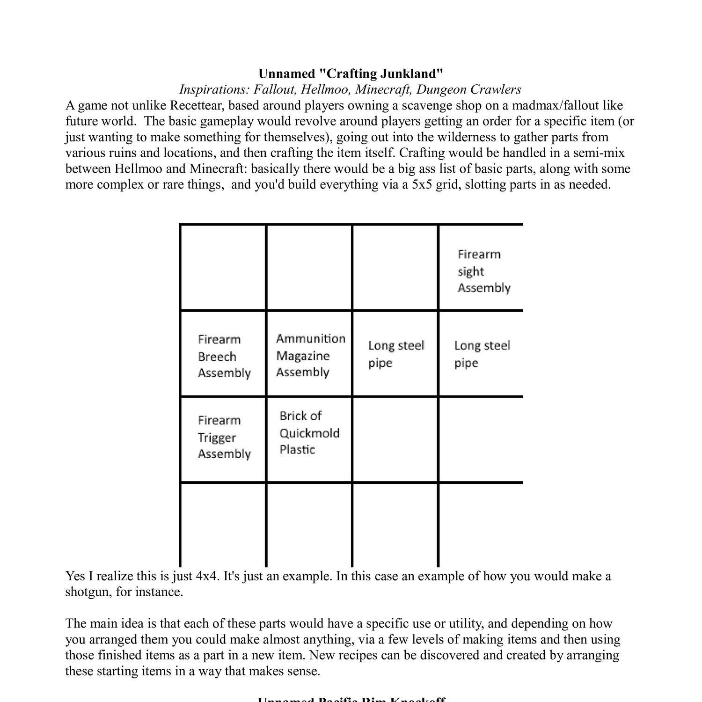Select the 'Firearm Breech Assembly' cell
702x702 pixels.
coord(224,356)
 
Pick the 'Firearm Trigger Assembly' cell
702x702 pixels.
coord(224,437)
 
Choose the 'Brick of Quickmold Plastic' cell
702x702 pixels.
coord(309,432)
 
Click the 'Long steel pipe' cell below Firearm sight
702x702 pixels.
coord(481,354)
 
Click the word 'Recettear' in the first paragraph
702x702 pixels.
coord(197,105)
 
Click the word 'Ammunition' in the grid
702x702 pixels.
coord(311,338)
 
